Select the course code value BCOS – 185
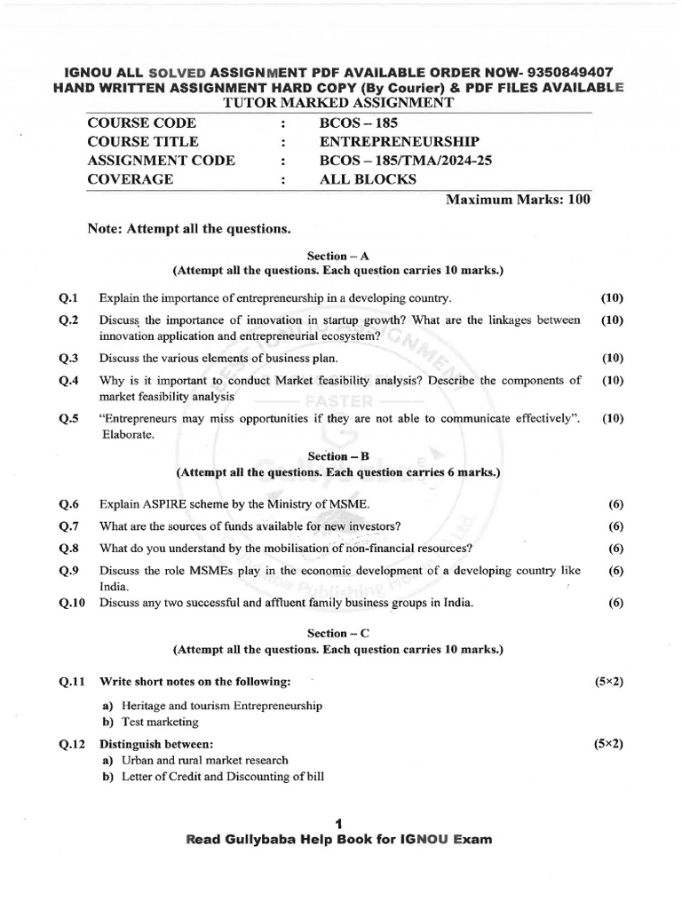coord(353,123)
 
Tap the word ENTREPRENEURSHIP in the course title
coord(399,142)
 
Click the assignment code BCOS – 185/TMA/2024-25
coord(405,161)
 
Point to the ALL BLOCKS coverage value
coord(368,179)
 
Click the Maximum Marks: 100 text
coord(517,199)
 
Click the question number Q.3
coord(69,359)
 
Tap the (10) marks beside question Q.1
coord(612,297)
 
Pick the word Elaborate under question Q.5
coord(126,435)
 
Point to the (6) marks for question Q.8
coord(615,548)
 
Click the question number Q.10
coord(72,603)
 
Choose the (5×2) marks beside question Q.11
coord(608,682)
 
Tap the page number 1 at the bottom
coord(338,823)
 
